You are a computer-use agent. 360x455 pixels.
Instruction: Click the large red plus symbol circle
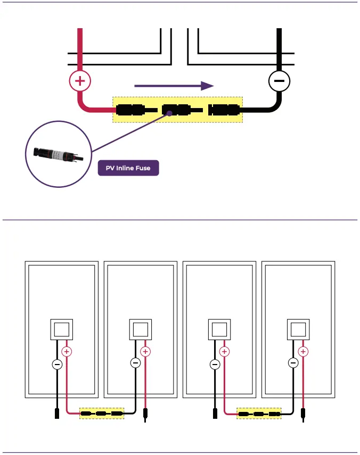coord(80,81)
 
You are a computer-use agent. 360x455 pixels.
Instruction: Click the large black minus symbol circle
coord(278,81)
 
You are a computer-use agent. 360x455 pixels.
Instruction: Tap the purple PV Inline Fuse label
coord(128,168)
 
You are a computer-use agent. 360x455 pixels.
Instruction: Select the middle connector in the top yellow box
coord(176,110)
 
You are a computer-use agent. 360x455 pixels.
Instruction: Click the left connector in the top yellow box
coord(130,110)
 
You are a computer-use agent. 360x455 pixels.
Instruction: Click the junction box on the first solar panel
coord(62,329)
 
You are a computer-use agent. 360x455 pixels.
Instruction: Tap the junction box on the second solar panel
coord(141,329)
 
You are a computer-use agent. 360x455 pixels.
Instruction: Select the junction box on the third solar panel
coord(219,329)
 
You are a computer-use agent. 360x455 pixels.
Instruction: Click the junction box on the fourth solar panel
coord(298,329)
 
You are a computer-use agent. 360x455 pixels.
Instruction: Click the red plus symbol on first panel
coord(67,351)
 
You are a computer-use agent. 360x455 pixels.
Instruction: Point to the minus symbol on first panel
coord(57,365)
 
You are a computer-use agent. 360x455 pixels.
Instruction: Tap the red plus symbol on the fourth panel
coord(303,351)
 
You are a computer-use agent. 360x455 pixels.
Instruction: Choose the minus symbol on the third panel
coord(215,365)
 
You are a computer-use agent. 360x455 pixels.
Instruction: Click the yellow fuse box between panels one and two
coord(101,413)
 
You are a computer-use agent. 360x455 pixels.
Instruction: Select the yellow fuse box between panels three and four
coord(259,413)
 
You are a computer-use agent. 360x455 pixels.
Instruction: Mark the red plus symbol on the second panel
coord(145,351)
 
